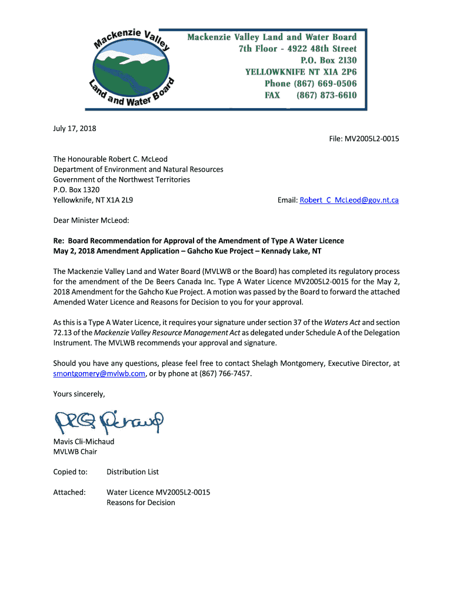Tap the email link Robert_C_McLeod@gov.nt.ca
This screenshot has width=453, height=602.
(x=349, y=200)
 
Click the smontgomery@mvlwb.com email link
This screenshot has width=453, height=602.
(x=99, y=374)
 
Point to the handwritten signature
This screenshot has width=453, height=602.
(x=109, y=420)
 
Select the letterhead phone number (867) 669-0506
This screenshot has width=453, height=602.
(x=326, y=83)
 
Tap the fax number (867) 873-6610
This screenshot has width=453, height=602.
(x=326, y=95)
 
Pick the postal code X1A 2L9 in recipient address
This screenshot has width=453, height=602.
(x=119, y=200)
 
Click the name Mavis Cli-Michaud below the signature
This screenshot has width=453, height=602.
(x=84, y=442)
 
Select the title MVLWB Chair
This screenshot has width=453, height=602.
(x=75, y=451)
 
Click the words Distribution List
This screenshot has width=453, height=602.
(x=132, y=471)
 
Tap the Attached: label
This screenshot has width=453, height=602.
(x=69, y=492)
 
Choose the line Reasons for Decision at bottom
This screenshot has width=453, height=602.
(x=141, y=503)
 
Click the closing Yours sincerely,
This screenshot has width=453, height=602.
(x=79, y=394)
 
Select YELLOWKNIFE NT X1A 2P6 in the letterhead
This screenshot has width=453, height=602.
(x=301, y=72)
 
